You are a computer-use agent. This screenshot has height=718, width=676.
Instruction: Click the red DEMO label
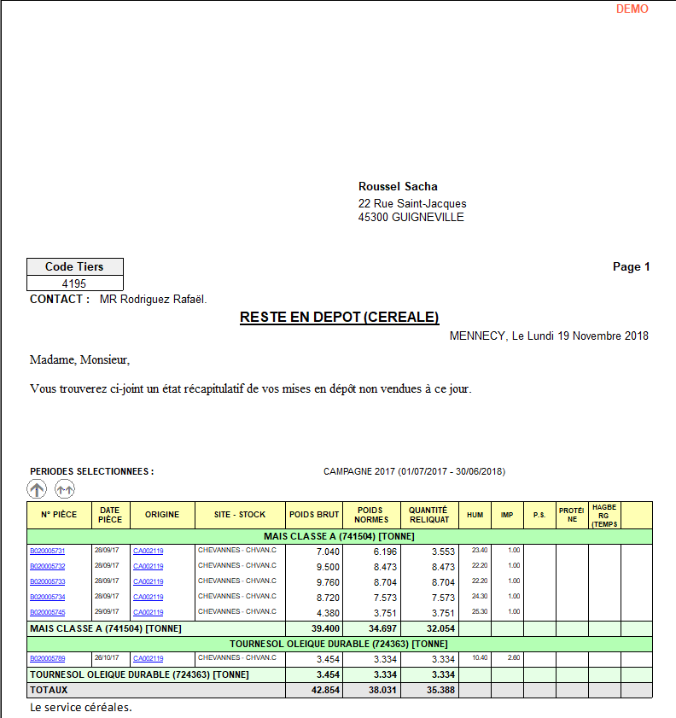coord(632,9)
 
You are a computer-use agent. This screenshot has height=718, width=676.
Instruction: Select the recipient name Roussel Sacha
coord(398,187)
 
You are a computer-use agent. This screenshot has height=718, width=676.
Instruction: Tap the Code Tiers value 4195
coord(75,283)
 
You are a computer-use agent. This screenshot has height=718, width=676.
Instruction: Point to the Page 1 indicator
coord(631,266)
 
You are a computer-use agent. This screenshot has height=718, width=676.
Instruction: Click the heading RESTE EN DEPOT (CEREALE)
coord(339,318)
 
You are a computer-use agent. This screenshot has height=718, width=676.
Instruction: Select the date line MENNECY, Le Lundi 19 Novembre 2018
coord(549,336)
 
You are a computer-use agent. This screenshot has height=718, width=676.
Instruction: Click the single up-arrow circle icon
coord(37,489)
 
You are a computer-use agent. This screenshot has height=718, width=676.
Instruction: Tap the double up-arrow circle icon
coord(65,489)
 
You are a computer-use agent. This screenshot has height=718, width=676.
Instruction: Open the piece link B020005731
coord(47,551)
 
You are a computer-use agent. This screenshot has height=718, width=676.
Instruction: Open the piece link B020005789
coord(47,658)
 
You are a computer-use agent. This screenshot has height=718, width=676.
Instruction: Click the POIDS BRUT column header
coord(313,515)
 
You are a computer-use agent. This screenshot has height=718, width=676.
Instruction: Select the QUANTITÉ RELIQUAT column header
coord(428,515)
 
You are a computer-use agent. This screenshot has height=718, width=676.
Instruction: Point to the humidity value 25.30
coord(480,611)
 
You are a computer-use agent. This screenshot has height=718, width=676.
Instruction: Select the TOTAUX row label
coord(49,690)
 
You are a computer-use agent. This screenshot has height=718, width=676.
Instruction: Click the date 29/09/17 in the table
coord(107,611)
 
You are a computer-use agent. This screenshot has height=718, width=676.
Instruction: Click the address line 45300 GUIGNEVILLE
coord(411,217)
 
